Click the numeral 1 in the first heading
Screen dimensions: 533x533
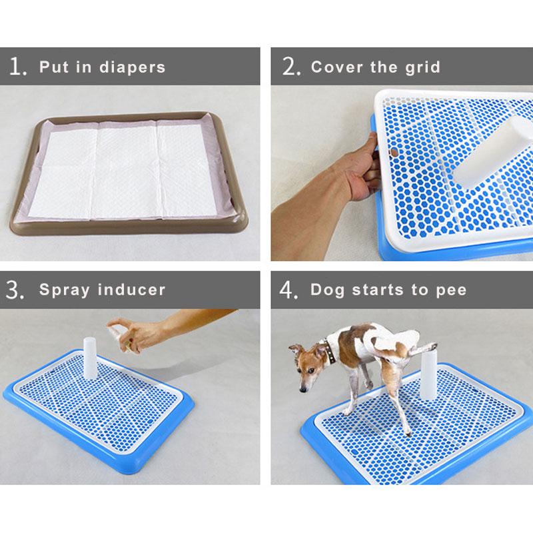15,66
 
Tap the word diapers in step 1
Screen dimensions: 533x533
132,67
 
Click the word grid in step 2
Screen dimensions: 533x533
423,68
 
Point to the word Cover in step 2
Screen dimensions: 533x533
337,67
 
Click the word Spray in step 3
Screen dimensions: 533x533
65,290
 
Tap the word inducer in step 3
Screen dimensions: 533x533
131,290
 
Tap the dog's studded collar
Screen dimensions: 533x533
330,351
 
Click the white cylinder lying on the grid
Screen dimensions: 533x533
493,151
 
